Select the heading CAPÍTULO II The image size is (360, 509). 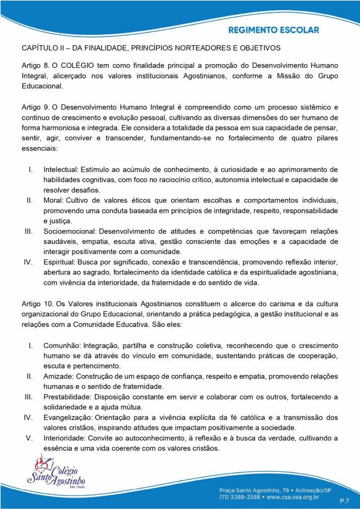[43, 48]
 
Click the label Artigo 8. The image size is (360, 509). [34, 66]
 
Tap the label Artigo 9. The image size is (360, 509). [34, 107]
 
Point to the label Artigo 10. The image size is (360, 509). [36, 303]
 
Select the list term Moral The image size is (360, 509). [52, 200]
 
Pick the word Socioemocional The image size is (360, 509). [71, 231]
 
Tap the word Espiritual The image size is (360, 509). [59, 262]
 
